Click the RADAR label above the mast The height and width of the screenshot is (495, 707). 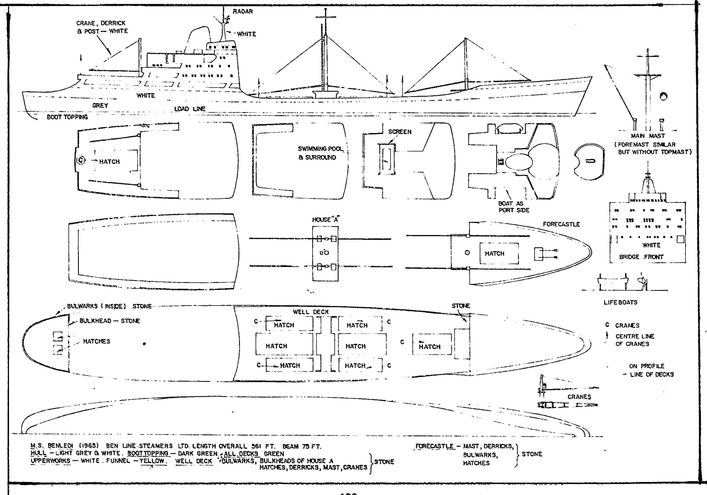coord(243,12)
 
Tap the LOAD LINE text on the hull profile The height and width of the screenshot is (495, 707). coord(190,109)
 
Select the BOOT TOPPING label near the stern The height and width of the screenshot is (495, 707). coord(67,117)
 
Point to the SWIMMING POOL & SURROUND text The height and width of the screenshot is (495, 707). coord(320,153)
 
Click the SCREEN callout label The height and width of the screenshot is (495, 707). coord(400,132)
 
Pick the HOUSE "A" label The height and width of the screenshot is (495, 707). coord(325,219)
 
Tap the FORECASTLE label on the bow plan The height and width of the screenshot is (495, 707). coord(561,224)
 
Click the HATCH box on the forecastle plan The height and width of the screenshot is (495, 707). coord(499,253)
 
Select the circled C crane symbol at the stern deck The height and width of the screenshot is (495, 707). coord(81,160)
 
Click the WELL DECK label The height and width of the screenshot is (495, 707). coord(311,312)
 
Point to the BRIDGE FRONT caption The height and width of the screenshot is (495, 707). coord(641,257)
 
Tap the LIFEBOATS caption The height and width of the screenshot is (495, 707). coord(620,302)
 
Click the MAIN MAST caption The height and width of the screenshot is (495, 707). coord(647,136)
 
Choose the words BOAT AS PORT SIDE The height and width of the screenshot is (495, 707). coord(514,207)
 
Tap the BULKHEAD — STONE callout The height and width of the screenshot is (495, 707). coord(109,321)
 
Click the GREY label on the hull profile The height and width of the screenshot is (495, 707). coord(100,105)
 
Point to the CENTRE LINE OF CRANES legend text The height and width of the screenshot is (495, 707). coord(635,340)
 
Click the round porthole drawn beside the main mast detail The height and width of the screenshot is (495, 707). coord(664,96)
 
